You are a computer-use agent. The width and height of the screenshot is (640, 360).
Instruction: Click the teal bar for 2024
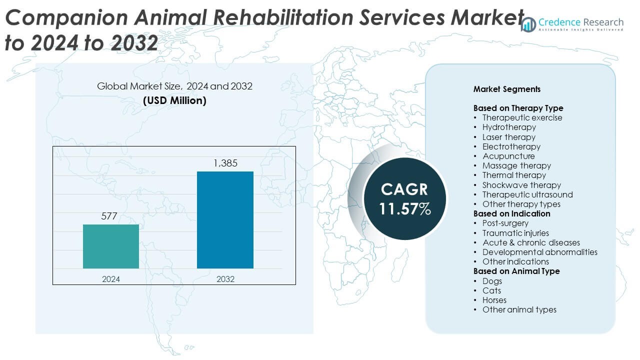point(111,246)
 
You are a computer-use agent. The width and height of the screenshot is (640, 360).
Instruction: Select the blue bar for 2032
point(225,220)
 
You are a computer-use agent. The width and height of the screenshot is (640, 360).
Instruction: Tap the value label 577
point(109,216)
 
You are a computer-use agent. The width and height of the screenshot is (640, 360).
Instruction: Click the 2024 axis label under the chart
point(111,279)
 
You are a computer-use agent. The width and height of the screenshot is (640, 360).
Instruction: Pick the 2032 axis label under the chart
point(225,279)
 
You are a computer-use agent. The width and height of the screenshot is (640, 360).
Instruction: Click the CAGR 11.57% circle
point(404,198)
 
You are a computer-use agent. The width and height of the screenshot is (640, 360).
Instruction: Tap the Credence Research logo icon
point(528,24)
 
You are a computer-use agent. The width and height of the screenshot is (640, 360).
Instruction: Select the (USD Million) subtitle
point(174,100)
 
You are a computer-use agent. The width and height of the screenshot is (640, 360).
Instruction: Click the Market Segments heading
point(507,89)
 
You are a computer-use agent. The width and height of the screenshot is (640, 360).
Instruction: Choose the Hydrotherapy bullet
point(509,127)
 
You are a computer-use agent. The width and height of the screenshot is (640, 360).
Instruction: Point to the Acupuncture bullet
point(508,156)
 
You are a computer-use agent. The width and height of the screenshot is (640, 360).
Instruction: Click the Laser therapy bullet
point(509,137)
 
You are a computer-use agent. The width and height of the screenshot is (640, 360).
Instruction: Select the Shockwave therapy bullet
point(521,185)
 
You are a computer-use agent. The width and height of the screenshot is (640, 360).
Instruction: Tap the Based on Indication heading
point(512,213)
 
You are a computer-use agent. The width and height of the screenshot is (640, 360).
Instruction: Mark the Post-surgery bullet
point(505,223)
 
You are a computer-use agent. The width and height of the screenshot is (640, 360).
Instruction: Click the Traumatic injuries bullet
point(515,233)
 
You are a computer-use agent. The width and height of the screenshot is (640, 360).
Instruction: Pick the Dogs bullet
point(492,281)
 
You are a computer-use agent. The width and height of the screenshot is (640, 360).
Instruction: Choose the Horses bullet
point(494,300)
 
